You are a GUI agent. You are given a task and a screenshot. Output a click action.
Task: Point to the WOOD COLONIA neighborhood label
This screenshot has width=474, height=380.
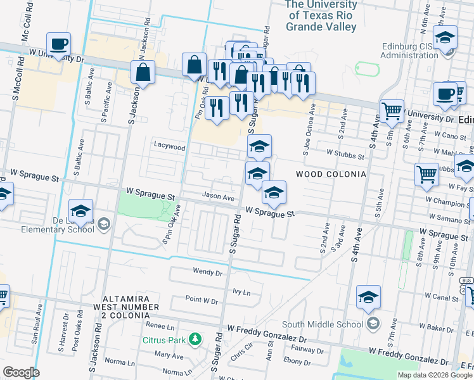[x=331, y=174]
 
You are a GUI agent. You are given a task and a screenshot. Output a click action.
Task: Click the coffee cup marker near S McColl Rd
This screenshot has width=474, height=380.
[x=58, y=45]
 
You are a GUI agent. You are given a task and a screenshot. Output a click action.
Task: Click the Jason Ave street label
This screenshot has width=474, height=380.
[x=218, y=197]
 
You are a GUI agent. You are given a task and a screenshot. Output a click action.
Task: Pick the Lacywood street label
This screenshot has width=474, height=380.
[x=170, y=146]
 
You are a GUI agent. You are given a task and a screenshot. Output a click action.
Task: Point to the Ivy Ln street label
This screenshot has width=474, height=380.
[x=242, y=293]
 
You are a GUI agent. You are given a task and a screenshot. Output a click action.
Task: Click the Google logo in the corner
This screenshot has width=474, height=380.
[x=21, y=372]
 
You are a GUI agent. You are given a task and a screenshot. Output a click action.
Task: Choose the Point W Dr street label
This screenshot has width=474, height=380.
[x=202, y=300]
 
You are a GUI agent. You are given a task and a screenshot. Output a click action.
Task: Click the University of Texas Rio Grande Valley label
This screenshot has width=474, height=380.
[x=321, y=16]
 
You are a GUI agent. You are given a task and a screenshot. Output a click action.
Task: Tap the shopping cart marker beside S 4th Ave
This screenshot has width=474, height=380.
[x=392, y=111]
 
